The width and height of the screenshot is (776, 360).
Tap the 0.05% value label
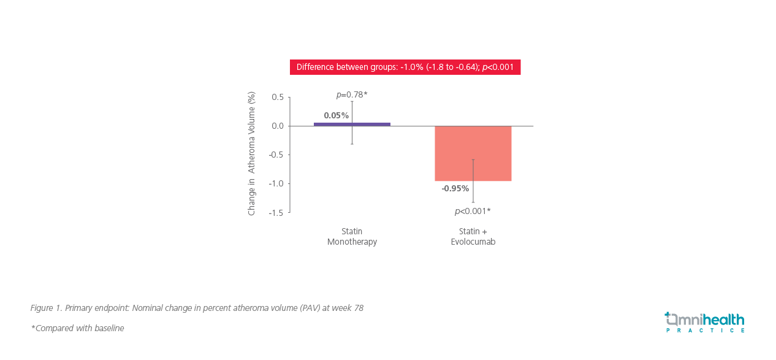click(336, 115)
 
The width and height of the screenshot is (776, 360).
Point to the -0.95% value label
click(455, 188)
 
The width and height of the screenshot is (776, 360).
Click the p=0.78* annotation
click(352, 94)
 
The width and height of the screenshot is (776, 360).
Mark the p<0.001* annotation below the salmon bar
click(473, 211)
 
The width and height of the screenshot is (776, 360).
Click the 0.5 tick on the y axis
click(278, 97)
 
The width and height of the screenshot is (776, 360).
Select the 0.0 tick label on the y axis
click(278, 126)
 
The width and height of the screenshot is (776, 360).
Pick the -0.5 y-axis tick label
click(276, 155)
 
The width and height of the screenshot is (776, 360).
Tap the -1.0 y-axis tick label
click(276, 183)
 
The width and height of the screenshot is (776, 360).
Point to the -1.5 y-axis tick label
click(276, 212)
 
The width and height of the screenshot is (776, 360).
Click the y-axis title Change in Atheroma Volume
click(251, 154)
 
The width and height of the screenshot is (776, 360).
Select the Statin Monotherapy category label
click(352, 237)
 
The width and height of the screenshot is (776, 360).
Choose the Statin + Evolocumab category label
click(473, 237)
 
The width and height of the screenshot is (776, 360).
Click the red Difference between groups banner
click(405, 67)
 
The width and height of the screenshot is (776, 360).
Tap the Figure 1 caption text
click(197, 308)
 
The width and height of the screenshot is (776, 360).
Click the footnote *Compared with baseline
click(77, 328)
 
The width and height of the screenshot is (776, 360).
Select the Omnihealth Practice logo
click(704, 320)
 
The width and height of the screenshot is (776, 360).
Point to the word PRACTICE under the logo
click(706, 331)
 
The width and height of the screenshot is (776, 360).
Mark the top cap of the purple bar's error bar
click(352, 101)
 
